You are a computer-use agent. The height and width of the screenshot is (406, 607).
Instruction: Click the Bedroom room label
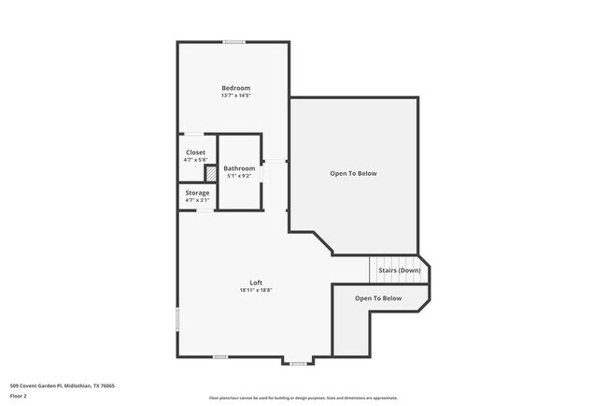point(235,88)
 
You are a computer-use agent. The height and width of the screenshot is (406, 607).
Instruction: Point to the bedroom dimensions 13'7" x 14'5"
point(235,95)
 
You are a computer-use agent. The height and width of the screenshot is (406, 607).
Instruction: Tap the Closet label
point(195,152)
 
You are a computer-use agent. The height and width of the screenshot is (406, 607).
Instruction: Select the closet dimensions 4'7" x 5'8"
point(195,160)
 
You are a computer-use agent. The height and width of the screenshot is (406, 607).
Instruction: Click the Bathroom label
point(239,168)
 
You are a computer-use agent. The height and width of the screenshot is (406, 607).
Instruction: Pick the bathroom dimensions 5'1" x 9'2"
point(239,176)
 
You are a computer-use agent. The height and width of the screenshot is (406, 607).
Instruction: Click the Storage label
point(197,193)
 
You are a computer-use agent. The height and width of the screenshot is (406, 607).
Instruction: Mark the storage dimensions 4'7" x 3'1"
point(197,200)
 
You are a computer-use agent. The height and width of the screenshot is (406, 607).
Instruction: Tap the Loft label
point(256,283)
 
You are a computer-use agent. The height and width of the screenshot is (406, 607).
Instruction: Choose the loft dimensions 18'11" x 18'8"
point(256,290)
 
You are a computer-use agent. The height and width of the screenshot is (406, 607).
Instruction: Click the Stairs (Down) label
point(399,270)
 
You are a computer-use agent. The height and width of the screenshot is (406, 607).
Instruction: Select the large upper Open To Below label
point(353,173)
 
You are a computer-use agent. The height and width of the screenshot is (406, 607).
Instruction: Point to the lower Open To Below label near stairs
point(378,298)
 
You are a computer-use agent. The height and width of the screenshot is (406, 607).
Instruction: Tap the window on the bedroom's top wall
point(234,41)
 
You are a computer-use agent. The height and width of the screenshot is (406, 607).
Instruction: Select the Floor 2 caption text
point(20,396)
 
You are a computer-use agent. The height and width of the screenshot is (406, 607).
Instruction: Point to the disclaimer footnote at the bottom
point(303,399)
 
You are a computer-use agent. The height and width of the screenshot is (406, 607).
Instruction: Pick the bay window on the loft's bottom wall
point(298,362)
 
